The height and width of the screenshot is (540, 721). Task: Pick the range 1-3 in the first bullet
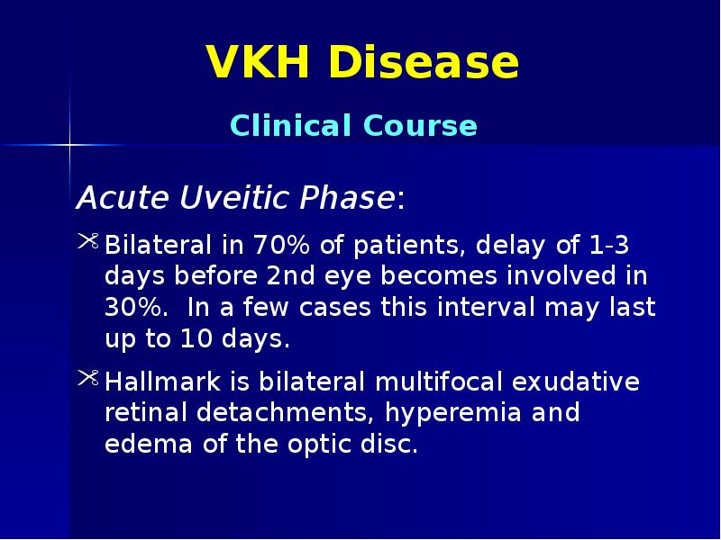coord(610,245)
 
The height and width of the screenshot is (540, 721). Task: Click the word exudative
coord(576,382)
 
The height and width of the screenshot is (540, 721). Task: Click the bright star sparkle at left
coord(69,144)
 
